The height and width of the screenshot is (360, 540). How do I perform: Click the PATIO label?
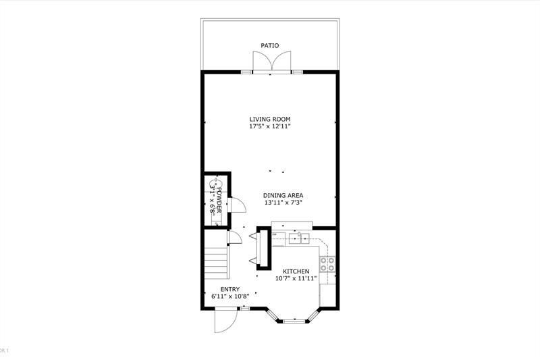point(270,46)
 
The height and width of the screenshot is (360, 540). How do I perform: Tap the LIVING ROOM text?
point(270,118)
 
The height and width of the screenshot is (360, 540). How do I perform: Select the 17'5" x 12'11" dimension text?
point(270,126)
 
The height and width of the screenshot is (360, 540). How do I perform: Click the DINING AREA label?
point(283,195)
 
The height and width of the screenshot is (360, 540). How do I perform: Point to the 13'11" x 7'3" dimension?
point(283,203)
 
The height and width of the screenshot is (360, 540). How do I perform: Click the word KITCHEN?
point(292,271)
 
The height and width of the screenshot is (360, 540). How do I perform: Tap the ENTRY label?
point(230,289)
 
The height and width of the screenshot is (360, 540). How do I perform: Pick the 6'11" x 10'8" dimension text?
point(230,297)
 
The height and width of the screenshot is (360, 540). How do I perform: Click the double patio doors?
point(270,62)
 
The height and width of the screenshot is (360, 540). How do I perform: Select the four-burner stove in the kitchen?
point(327,263)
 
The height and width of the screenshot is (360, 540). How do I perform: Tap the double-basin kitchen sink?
point(298,237)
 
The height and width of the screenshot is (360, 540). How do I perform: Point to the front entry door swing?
point(223,321)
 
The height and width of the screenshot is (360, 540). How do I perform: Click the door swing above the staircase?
point(235,237)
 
